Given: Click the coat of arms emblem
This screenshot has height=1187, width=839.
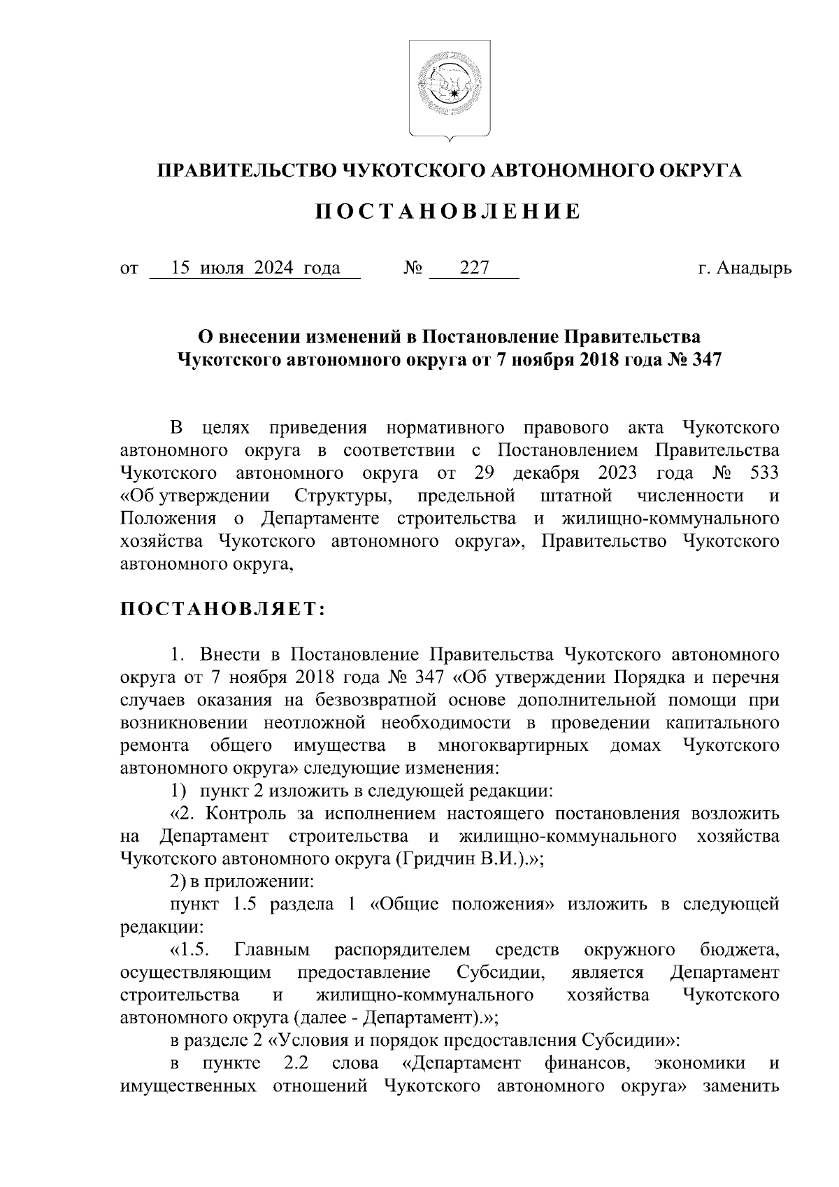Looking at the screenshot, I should (x=449, y=88).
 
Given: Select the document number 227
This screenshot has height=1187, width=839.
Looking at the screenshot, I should (x=473, y=268).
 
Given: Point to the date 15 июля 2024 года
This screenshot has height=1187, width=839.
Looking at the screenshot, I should (x=256, y=268).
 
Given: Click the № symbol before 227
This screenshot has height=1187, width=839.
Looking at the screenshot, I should (x=413, y=268).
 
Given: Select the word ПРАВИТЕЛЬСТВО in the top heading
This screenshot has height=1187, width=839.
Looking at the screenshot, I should (x=245, y=171).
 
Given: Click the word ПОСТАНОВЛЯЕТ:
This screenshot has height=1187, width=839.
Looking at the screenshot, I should (x=223, y=610).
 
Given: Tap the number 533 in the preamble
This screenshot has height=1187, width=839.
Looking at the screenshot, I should (x=763, y=473).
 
